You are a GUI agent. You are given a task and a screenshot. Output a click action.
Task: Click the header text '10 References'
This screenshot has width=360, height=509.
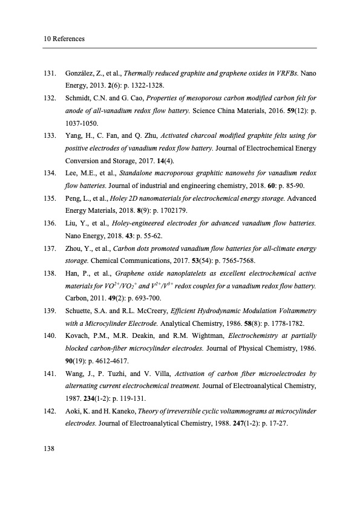pyautogui.click(x=64, y=39)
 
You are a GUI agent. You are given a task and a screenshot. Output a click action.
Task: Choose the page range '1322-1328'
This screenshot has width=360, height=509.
pyautogui.click(x=131, y=85)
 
